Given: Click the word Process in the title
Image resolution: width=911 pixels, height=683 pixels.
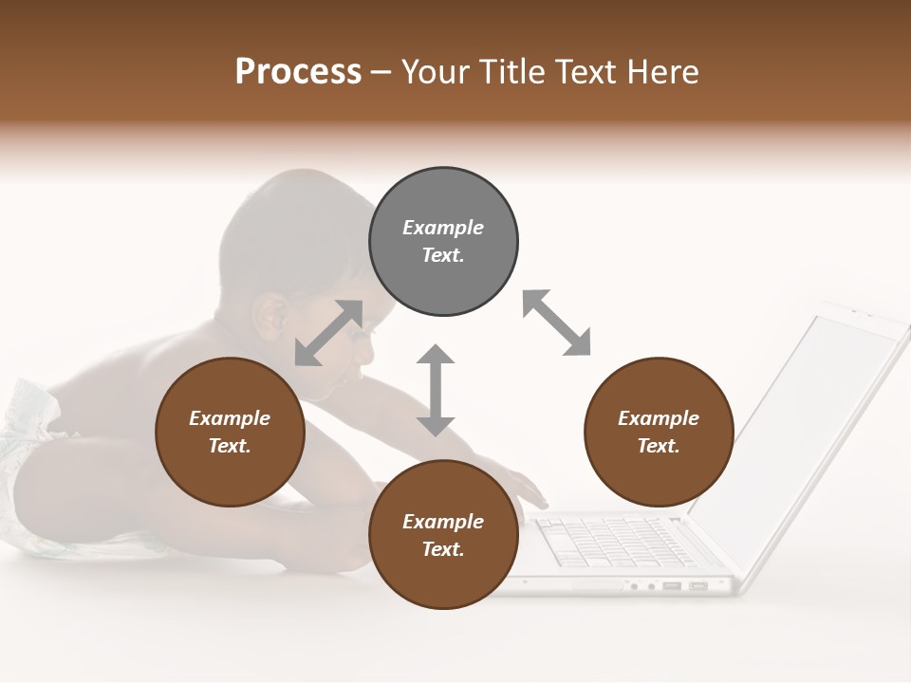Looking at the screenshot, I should tap(298, 72).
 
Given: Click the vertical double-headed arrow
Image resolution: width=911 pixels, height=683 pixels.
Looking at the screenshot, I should tap(436, 390).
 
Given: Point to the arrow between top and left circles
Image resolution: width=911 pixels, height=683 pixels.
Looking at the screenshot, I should tap(328, 333).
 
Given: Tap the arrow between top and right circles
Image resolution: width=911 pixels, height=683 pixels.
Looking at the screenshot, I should tap(556, 323).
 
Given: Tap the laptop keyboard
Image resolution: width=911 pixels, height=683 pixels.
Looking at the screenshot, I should tap(607, 541).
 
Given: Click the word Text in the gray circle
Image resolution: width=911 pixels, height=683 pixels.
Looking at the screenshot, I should tap(442, 255).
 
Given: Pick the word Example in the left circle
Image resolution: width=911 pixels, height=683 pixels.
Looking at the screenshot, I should tap(230, 418).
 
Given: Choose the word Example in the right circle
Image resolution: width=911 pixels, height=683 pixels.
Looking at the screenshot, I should tap(659, 418).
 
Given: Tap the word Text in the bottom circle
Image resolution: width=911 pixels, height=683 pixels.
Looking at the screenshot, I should tap(442, 549).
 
